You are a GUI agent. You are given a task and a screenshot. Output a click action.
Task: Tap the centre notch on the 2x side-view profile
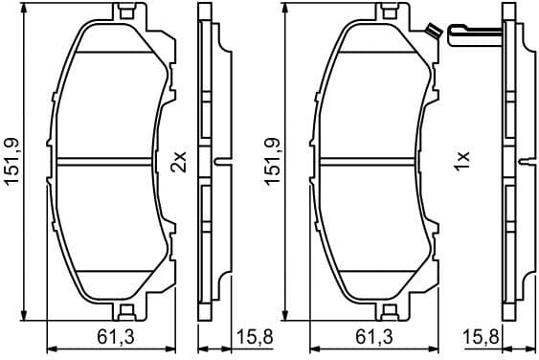tap(220, 162)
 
